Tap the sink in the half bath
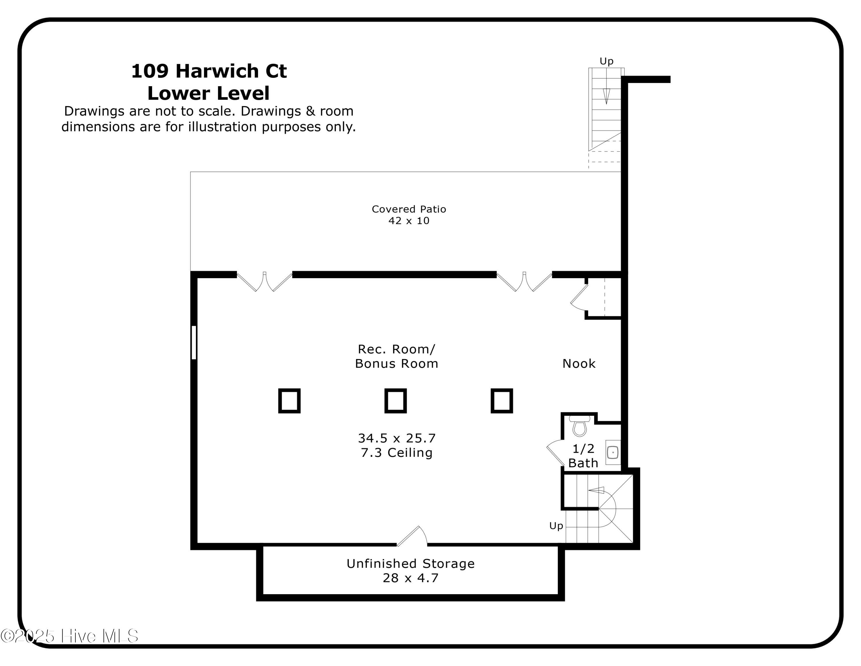click(613, 452)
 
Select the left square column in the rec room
click(289, 401)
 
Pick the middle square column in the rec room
click(395, 401)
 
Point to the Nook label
click(579, 363)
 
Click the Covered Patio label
click(409, 209)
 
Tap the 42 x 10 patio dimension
click(409, 221)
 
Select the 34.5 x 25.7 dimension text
click(397, 438)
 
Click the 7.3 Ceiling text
click(397, 453)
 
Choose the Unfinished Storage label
click(410, 563)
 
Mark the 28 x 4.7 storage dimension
click(410, 578)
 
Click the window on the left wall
click(193, 342)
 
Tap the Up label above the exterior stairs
click(606, 61)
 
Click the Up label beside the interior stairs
click(556, 526)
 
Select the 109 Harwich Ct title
click(209, 71)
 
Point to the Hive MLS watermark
click(69, 636)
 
